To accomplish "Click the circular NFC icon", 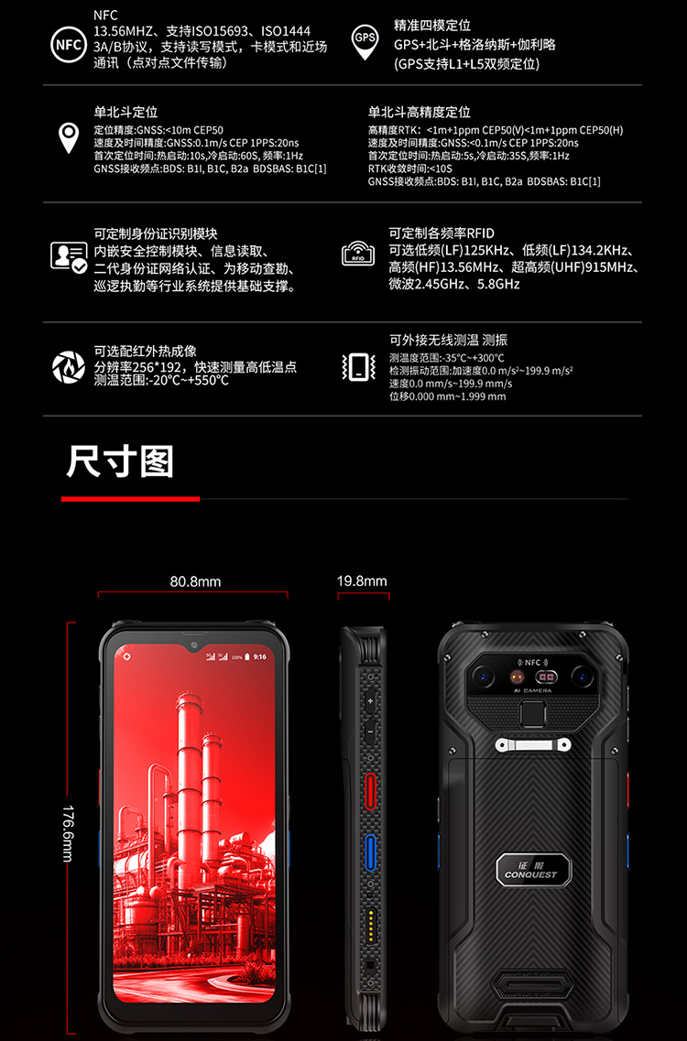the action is (x=69, y=45).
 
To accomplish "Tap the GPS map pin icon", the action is (x=365, y=42).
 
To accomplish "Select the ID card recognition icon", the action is (x=69, y=257).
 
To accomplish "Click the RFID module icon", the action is (x=358, y=254).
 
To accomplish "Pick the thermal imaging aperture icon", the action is (x=69, y=366).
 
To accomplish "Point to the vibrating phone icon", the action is (x=358, y=366).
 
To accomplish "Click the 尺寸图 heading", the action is (x=120, y=461).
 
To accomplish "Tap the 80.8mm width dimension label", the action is (x=195, y=581).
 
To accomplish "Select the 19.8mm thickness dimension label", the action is (x=362, y=580).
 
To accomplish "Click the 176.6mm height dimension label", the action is (x=68, y=834).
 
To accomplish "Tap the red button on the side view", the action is (x=370, y=791).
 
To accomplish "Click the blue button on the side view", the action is (x=370, y=852).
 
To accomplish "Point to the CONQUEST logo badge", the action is (x=533, y=870).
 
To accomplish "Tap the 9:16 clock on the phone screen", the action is (x=260, y=656).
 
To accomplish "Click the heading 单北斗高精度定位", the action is (x=420, y=113).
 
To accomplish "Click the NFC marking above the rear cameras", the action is (x=533, y=663).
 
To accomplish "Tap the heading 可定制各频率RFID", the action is (x=442, y=233).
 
